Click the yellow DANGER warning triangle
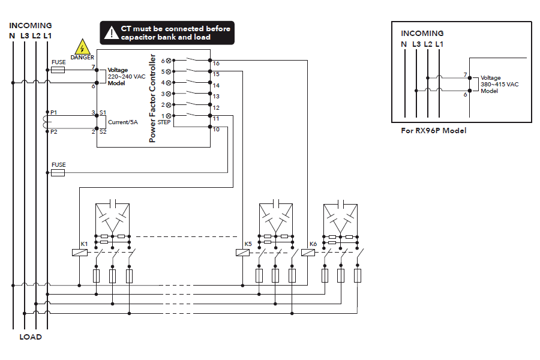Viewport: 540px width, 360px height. pos(82,47)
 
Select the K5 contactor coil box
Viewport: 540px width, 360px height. pos(242,253)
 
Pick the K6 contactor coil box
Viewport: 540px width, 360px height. pos(307,253)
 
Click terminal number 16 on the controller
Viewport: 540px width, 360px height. pos(216,63)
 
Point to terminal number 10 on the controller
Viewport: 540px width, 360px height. pos(216,130)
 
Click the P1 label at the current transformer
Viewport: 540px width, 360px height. pos(54,113)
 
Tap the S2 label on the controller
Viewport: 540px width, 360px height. pos(103,131)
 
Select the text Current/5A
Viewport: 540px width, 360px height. pos(124,122)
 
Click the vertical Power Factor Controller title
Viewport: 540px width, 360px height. pos(152,98)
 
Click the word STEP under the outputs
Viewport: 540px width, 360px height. pos(164,122)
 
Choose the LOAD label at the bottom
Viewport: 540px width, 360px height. pos(31,337)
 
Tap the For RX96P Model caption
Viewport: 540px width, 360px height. pos(433,130)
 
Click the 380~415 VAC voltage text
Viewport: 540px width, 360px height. pos(500,85)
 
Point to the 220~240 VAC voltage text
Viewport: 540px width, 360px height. pos(126,77)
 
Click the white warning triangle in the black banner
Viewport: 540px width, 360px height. pos(111,33)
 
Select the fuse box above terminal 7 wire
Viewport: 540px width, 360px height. pos(58,70)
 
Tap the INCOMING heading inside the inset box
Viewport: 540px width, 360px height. pos(422,34)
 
